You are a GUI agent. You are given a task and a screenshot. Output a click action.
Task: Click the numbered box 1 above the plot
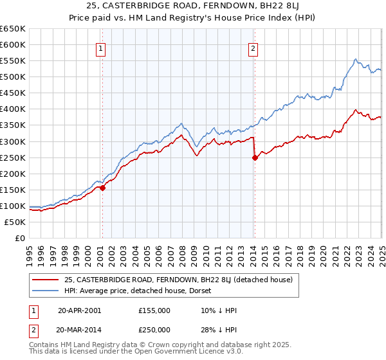pos(102,48)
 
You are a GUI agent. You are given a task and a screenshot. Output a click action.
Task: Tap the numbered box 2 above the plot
pos(253,48)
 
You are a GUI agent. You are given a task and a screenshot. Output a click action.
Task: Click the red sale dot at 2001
pos(103,188)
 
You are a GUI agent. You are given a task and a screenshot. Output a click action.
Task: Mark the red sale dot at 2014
pos(255,157)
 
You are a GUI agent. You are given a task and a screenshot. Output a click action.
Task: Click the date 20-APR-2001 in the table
pos(79,310)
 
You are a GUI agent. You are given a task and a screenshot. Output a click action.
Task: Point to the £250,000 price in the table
pos(154,329)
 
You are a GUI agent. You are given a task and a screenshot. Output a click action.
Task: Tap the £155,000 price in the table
pos(154,310)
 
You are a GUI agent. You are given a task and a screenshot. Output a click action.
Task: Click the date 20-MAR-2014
pos(79,329)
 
